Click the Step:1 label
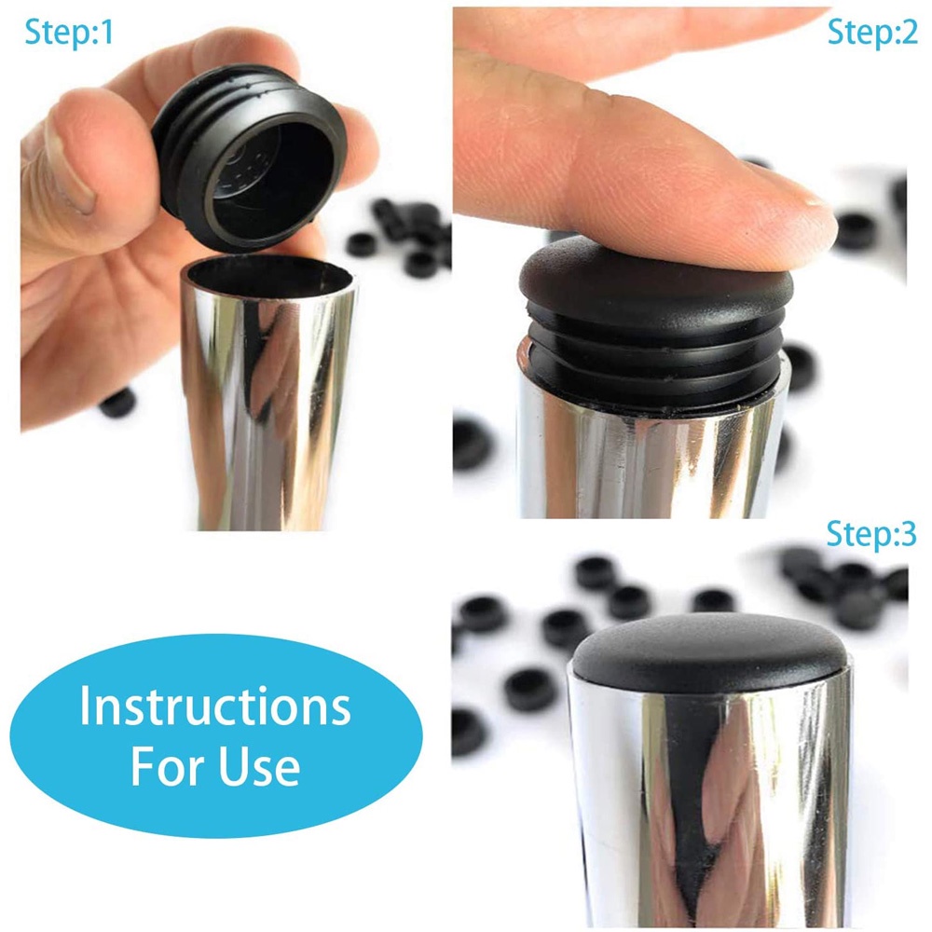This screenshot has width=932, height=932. (69, 33)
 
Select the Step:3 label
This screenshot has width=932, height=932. (870, 534)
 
